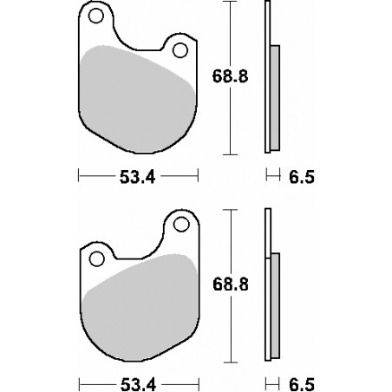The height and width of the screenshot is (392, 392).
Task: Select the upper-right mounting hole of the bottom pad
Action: [181, 225]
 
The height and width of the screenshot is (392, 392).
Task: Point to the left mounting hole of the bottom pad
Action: [96, 257]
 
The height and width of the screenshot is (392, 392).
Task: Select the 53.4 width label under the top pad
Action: [139, 178]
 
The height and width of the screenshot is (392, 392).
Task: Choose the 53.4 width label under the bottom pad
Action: [139, 383]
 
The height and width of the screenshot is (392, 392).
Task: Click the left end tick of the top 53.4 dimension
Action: [79, 178]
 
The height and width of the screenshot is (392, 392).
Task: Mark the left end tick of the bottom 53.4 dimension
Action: [79, 383]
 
